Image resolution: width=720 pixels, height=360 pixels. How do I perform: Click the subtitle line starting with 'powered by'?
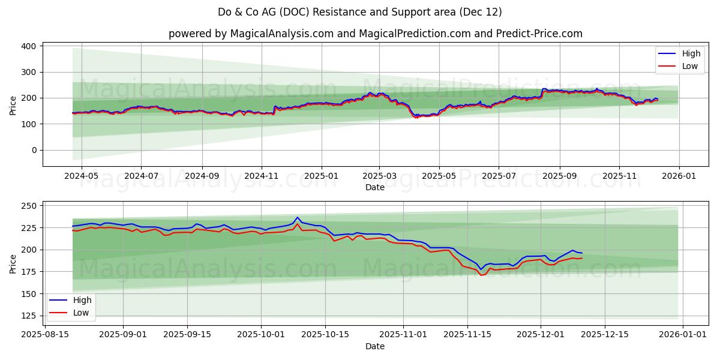[375, 34]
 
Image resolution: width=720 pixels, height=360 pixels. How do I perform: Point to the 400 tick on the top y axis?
[28, 46]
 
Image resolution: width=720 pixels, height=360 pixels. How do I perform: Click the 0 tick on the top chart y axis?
[33, 150]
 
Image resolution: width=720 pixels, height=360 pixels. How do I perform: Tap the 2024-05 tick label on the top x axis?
[80, 176]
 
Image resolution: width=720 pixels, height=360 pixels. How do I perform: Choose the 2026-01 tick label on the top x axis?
[679, 176]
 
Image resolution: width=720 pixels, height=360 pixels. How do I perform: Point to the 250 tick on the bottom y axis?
[28, 206]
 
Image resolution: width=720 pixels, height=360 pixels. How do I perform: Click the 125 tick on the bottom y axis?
[28, 316]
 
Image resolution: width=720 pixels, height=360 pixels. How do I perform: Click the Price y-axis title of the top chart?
[13, 106]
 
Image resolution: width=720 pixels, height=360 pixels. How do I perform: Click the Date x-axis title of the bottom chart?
[375, 346]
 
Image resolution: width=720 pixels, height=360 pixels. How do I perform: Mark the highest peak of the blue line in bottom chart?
[297, 217]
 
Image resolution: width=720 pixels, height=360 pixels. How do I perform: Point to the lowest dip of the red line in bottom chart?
[481, 275]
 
